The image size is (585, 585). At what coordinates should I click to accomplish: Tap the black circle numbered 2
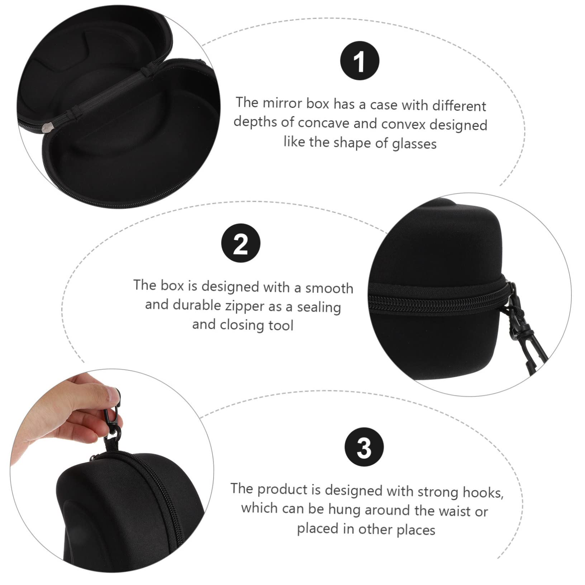click(241, 244)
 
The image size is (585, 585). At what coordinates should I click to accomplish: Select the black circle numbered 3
click(364, 447)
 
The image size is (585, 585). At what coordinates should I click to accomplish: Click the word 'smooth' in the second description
click(329, 288)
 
